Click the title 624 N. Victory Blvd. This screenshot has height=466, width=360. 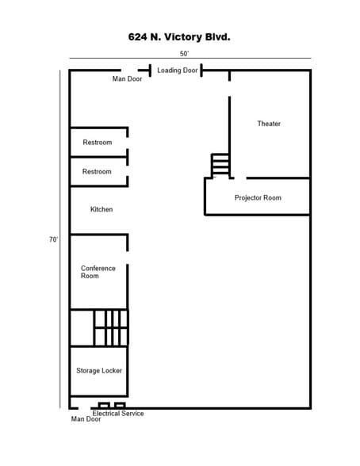pyautogui.click(x=179, y=37)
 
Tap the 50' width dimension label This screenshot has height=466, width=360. pyautogui.click(x=184, y=54)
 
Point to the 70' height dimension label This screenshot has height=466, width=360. pyautogui.click(x=53, y=239)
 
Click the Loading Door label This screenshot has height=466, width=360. pyautogui.click(x=178, y=71)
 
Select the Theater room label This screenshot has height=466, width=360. pyautogui.click(x=269, y=124)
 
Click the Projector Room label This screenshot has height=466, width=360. pyautogui.click(x=258, y=198)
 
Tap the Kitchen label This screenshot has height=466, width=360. pyautogui.click(x=101, y=209)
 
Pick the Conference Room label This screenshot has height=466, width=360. pyautogui.click(x=98, y=272)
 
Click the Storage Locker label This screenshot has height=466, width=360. pyautogui.click(x=99, y=371)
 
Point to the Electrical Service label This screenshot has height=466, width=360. pyautogui.click(x=118, y=414)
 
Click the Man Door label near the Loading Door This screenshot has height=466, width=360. pyautogui.click(x=127, y=79)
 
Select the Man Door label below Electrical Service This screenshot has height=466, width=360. pyautogui.click(x=86, y=419)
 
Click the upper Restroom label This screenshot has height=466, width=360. pyautogui.click(x=98, y=143)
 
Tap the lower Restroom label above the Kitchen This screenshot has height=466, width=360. pyautogui.click(x=97, y=172)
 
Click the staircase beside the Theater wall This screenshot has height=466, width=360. pyautogui.click(x=220, y=166)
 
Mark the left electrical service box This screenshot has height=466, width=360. pyautogui.click(x=104, y=406)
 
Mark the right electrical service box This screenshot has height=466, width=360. pyautogui.click(x=120, y=406)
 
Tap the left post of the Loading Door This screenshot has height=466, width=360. pyautogui.click(x=150, y=71)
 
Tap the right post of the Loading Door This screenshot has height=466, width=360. pyautogui.click(x=201, y=71)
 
